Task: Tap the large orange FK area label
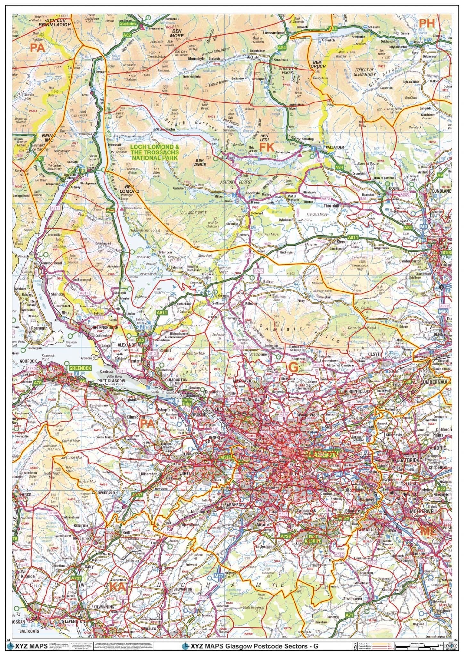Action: (267, 147)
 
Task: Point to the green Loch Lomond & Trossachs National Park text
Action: (155, 152)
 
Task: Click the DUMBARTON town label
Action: (177, 380)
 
